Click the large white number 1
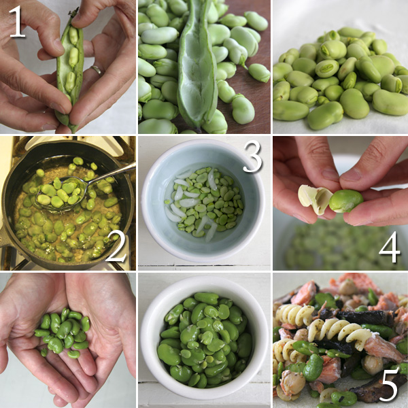click(x=17, y=22)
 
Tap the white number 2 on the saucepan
click(x=117, y=246)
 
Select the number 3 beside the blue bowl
click(x=252, y=156)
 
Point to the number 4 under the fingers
click(x=389, y=248)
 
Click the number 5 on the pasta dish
click(x=390, y=384)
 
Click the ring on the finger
click(x=97, y=69)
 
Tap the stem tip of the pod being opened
click(x=75, y=11)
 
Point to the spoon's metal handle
click(x=111, y=172)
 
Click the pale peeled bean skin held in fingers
click(x=315, y=199)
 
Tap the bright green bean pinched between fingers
click(x=345, y=201)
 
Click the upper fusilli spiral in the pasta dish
click(x=296, y=315)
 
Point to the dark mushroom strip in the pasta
click(x=364, y=318)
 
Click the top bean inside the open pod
click(x=73, y=35)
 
